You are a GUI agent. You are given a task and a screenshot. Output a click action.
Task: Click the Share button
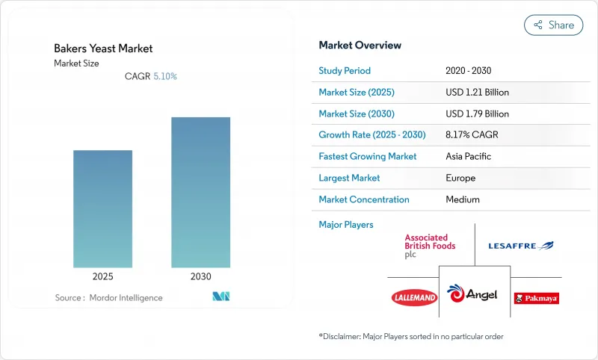553,25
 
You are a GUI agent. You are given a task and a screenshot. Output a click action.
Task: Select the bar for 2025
102,208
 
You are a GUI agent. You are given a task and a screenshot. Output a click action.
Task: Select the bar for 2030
200,192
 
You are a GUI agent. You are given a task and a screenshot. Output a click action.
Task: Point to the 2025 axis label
102,276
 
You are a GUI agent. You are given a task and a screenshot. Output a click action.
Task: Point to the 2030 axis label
200,276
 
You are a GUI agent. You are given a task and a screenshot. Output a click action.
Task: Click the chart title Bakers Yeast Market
103,49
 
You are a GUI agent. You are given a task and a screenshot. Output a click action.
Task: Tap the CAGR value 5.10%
164,76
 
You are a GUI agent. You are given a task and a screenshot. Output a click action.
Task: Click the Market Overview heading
360,46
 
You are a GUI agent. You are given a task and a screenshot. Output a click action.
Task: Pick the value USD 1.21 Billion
477,93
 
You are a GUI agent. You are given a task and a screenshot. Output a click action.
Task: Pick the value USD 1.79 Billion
477,114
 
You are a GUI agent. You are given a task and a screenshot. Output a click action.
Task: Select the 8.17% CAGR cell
472,135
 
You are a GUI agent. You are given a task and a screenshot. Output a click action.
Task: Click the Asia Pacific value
468,157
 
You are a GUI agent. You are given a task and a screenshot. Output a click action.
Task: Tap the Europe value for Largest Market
460,178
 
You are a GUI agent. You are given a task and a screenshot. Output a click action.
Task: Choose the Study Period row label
345,71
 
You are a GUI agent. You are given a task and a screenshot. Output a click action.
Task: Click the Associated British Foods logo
430,246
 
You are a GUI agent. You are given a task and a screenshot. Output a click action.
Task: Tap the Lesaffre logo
520,246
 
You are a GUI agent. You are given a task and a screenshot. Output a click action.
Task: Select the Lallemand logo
414,297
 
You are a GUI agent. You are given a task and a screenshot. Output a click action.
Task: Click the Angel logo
472,294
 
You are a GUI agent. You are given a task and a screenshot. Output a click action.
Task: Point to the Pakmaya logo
536,298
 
